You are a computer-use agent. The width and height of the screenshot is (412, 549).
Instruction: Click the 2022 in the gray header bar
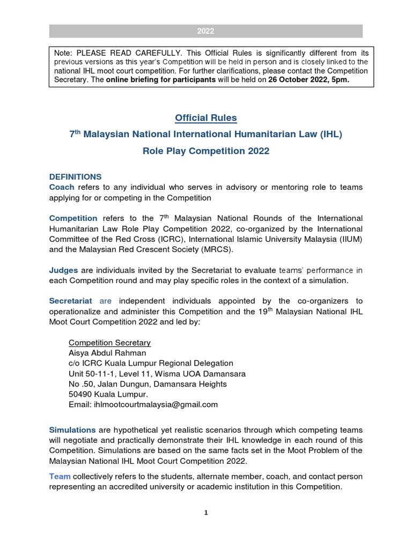pos(205,31)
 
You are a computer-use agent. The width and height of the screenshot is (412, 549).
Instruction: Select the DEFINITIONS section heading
pos(75,176)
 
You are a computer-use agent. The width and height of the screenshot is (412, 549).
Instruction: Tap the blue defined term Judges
pos(64,270)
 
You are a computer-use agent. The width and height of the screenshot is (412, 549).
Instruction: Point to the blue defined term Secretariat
pos(71,301)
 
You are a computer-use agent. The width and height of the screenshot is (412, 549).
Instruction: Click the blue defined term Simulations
pos(72,430)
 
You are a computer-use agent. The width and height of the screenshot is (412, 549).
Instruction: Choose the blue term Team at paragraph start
pos(60,476)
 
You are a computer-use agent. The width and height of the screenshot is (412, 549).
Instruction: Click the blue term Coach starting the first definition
pos(62,187)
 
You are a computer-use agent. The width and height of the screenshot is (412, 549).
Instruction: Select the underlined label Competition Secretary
pos(109,343)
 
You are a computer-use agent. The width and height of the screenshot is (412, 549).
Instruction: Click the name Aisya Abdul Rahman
pos(107,353)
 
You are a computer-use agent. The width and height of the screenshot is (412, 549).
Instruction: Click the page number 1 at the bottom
pos(206,513)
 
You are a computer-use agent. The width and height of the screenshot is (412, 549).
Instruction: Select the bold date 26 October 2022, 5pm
pos(308,80)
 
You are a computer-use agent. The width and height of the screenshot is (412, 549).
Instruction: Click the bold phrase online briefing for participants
pos(161,80)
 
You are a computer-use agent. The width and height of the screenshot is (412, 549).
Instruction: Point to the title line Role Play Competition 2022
pos(206,151)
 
